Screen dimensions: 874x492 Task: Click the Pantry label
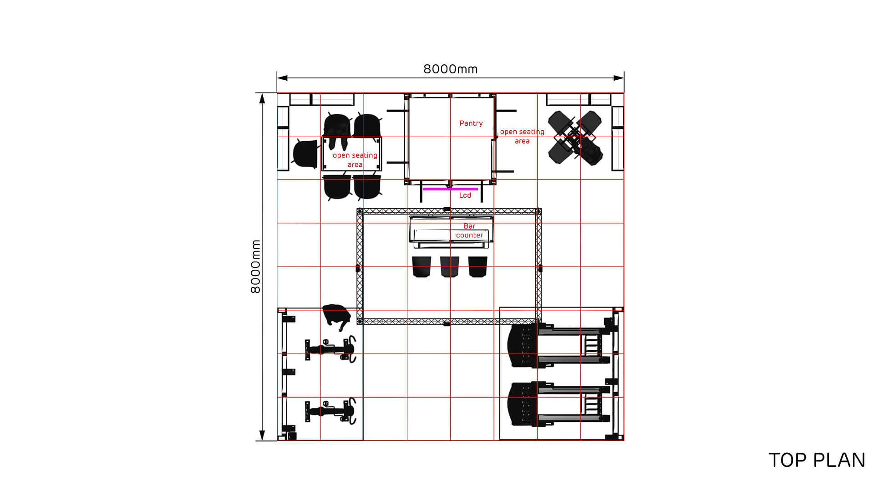click(x=471, y=123)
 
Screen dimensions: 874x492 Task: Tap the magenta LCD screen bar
click(x=451, y=189)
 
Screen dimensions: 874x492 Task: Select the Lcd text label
click(x=465, y=195)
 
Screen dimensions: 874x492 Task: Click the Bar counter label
click(x=469, y=231)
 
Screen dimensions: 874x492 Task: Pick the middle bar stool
click(x=449, y=266)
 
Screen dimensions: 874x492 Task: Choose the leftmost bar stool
click(x=422, y=266)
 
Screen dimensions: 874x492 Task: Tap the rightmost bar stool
click(x=478, y=266)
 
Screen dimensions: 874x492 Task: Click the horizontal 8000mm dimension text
click(x=450, y=69)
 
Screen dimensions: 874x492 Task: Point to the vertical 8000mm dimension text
click(x=256, y=266)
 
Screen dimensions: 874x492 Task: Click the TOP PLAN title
click(x=817, y=461)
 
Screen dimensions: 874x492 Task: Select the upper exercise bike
click(x=330, y=349)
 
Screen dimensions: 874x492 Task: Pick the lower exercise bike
click(x=330, y=411)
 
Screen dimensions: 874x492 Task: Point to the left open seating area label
click(x=355, y=160)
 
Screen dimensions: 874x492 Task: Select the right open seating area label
click(x=522, y=136)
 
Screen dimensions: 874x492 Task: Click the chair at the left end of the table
click(x=305, y=154)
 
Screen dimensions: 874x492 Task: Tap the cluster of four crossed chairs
click(x=576, y=137)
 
